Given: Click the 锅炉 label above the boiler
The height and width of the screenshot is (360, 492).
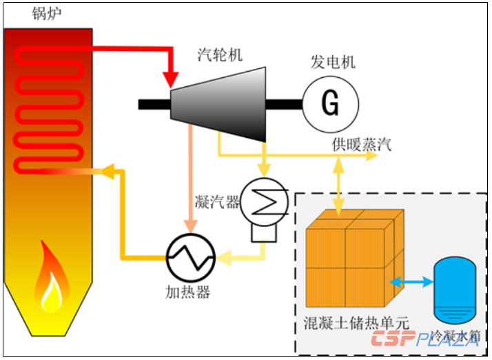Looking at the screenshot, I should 45,13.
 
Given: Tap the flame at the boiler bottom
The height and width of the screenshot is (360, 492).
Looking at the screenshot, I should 49,279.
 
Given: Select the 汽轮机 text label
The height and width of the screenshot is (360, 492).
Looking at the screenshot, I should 220,54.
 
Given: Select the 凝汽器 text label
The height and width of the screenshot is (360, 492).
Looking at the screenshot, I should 217,202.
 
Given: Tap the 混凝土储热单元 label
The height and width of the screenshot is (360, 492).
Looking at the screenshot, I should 356,323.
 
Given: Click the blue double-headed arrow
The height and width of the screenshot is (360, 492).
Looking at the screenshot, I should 411,281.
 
